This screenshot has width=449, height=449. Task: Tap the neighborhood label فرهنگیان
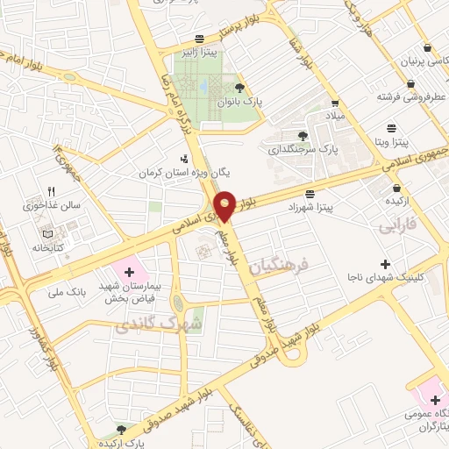[280, 267]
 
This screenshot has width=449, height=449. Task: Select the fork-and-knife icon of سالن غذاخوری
[50, 191]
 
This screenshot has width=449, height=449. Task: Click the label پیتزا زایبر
[199, 53]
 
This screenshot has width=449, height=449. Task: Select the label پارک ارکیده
[122, 443]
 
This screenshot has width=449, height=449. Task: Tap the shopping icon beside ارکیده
[397, 188]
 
